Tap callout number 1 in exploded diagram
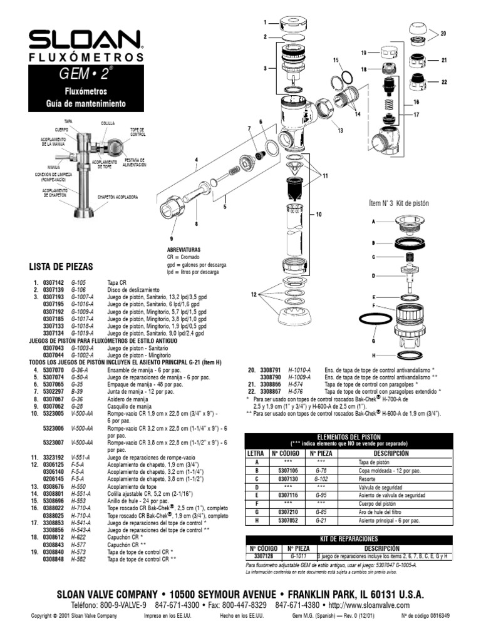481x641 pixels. coord(266,23)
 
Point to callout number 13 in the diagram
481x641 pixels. coord(341,130)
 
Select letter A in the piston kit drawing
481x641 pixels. coord(374,222)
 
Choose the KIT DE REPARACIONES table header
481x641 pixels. coord(348,538)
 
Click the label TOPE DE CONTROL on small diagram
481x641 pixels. coord(138,132)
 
